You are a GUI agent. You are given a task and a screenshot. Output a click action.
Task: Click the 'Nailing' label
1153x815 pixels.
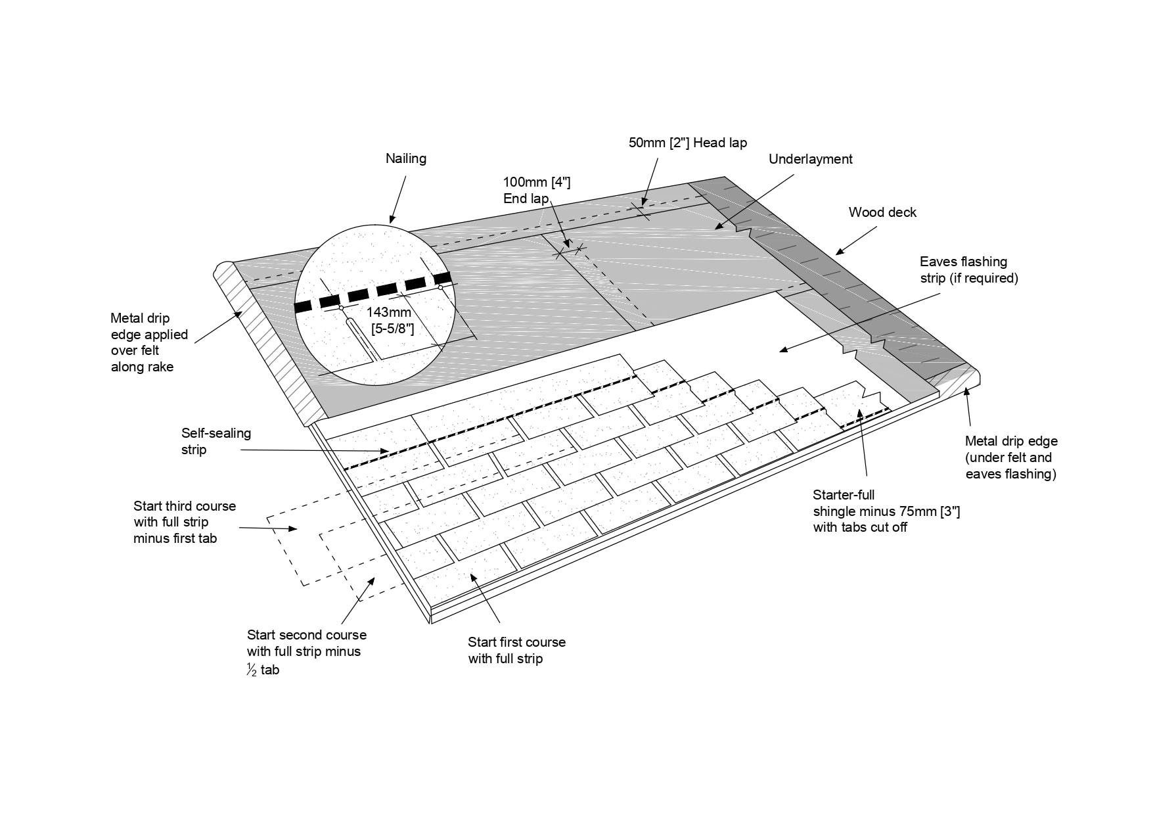tap(405, 158)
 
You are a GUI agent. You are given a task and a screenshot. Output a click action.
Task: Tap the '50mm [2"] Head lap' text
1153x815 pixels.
tap(687, 143)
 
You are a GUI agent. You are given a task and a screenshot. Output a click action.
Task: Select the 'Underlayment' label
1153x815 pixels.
tap(810, 159)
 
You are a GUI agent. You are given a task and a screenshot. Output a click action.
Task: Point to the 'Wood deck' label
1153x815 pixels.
tap(882, 212)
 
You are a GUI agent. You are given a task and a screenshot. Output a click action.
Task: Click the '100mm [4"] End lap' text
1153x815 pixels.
tap(536, 190)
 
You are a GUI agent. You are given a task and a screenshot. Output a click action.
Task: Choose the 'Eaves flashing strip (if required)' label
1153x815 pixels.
tap(968, 270)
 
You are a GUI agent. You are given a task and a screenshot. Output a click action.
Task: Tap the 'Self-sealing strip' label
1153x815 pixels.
tap(215, 441)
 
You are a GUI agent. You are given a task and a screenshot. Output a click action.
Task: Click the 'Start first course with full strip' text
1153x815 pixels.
tap(516, 650)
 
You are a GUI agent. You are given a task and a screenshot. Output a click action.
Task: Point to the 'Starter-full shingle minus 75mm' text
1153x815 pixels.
tap(886, 511)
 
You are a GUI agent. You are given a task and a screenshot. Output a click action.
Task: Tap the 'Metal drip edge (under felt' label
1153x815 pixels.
tap(1010, 457)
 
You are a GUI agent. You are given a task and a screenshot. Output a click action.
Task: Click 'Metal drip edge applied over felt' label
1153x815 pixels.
tap(148, 342)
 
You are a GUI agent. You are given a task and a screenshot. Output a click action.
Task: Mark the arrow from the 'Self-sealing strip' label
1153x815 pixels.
tap(315, 451)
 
